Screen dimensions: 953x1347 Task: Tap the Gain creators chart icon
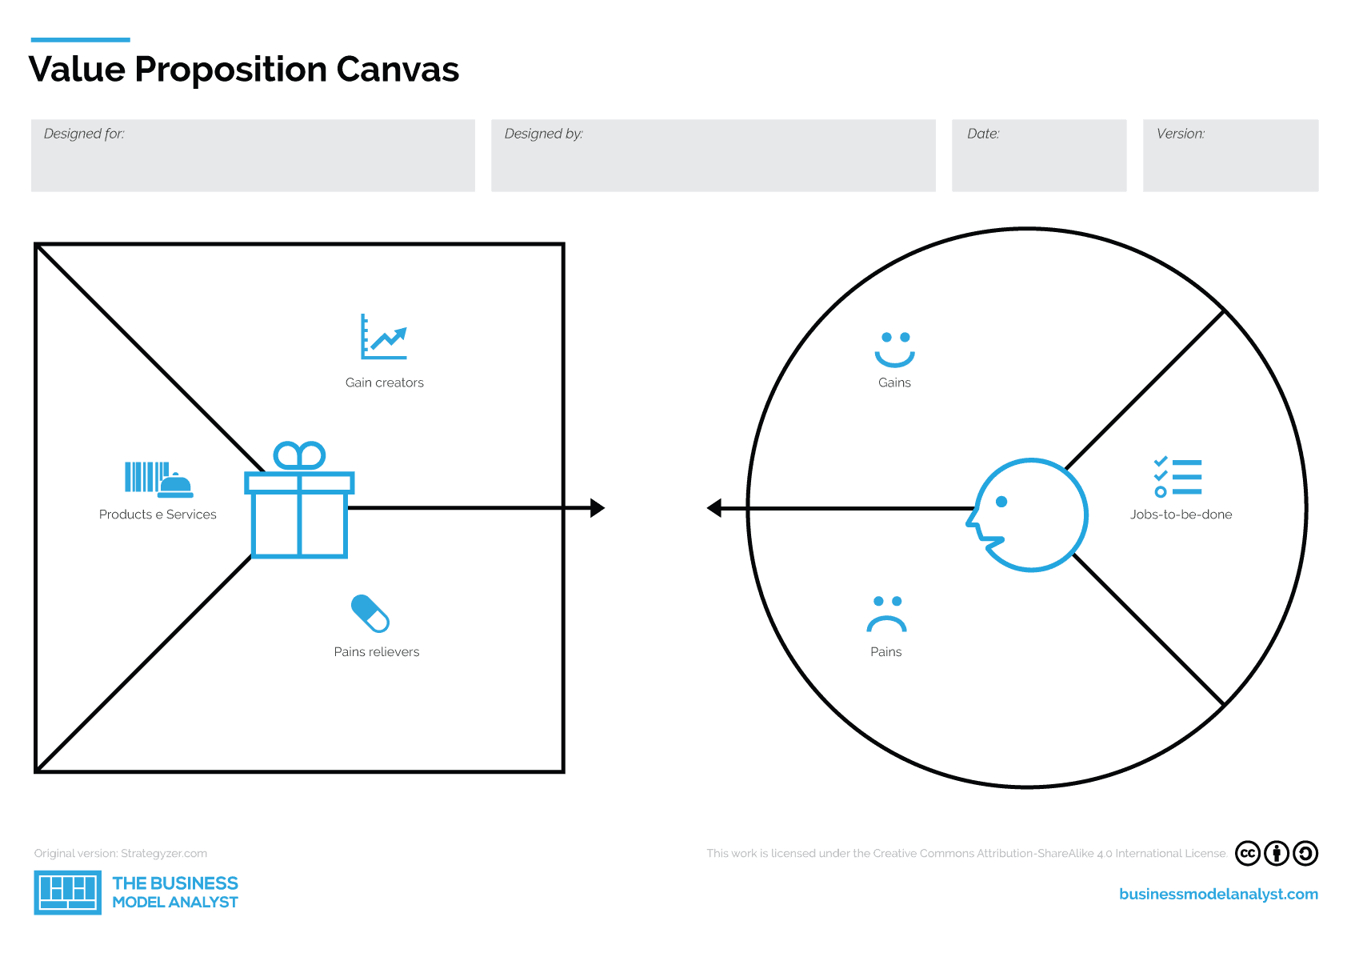(384, 337)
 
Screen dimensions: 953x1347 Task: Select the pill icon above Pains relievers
(370, 614)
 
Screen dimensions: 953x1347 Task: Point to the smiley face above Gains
(894, 350)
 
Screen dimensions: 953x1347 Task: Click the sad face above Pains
(886, 615)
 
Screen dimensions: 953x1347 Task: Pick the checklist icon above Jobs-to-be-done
(1178, 477)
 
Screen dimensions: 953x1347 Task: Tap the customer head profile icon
(1029, 515)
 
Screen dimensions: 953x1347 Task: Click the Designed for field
(253, 156)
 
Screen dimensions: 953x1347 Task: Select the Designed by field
(713, 156)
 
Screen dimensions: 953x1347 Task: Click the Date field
(1039, 156)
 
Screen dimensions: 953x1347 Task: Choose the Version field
(1230, 156)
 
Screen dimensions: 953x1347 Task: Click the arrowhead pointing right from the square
(597, 508)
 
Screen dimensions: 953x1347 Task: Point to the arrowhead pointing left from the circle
(715, 508)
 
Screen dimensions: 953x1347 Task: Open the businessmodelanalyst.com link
(1218, 894)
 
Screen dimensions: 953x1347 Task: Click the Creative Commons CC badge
(1247, 854)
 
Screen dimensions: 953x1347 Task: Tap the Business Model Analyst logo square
(68, 892)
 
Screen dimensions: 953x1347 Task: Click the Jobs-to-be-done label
(1181, 515)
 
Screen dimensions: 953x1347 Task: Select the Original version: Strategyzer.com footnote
(121, 854)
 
